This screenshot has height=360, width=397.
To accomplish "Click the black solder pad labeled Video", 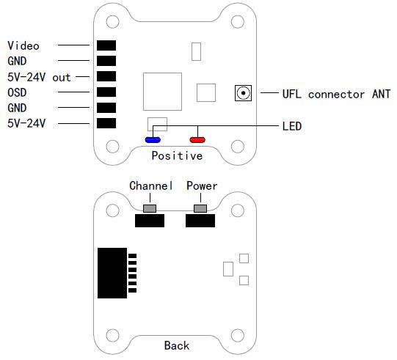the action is point(106,45).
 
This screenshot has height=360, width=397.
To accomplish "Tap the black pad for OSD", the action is point(106,92).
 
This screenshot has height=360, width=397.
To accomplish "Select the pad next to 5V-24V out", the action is point(106,76).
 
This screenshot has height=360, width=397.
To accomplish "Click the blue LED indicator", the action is point(153,139).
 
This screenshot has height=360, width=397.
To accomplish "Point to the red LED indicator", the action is point(197,139).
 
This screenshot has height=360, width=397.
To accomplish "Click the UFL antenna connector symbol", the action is point(243,93).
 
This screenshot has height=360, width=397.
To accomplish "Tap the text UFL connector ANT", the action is point(336,94).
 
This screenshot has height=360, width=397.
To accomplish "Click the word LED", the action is point(292,126).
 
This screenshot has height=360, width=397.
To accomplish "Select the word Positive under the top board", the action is point(177,155).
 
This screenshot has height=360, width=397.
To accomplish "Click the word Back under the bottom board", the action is point(177,345).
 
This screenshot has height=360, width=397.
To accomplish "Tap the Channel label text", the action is point(151,185).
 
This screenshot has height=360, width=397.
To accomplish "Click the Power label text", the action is point(202,186).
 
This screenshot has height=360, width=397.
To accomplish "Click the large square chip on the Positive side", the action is point(162,92).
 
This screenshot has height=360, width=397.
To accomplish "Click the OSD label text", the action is point(17,92).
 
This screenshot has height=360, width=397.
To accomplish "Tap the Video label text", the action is point(23,45).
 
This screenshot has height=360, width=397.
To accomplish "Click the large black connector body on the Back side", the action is point(112,273).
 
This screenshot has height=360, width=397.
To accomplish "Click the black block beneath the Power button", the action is point(200,221).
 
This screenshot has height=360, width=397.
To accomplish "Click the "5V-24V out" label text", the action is point(39,77).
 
